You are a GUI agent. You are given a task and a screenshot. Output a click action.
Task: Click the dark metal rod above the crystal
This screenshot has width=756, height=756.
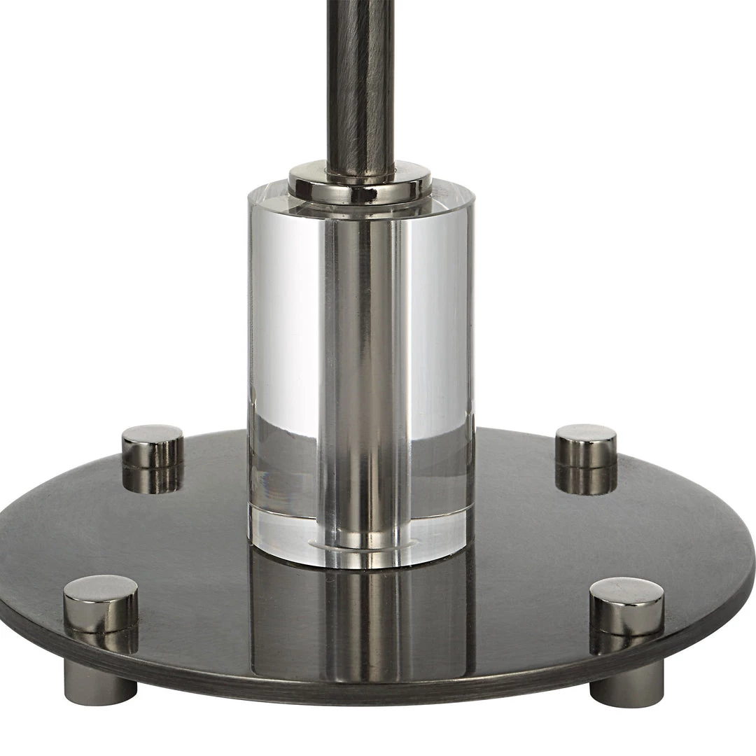[359, 77]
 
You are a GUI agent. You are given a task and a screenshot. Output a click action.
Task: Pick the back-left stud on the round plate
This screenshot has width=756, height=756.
[152, 448]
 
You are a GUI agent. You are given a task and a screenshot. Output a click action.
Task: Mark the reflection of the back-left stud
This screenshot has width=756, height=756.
[153, 479]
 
